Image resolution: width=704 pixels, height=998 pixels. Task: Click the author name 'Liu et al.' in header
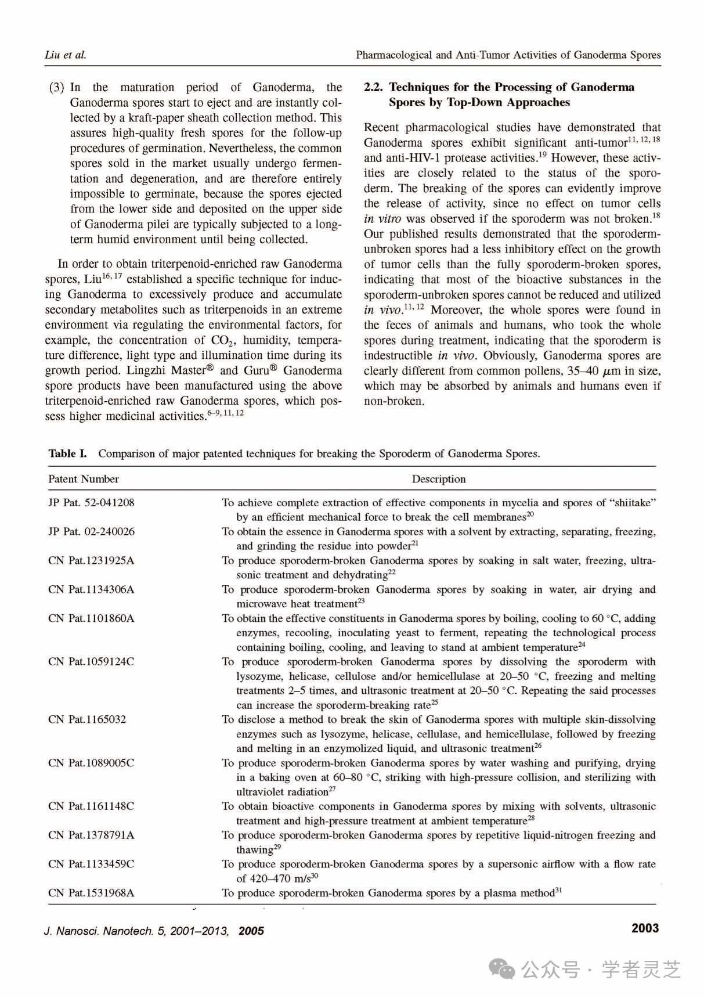[65, 55]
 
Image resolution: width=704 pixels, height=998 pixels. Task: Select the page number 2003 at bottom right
[645, 928]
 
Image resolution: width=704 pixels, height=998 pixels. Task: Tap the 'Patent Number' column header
[84, 479]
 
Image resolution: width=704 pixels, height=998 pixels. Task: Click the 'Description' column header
[439, 479]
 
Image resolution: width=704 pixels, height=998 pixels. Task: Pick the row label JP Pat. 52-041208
[91, 503]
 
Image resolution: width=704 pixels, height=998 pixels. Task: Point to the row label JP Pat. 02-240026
[91, 532]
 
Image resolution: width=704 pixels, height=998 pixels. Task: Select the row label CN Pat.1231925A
[91, 561]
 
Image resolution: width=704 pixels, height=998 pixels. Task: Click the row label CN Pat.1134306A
[91, 590]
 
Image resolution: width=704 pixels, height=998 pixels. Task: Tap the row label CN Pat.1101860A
[91, 618]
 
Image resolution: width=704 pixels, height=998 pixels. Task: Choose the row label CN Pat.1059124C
[91, 662]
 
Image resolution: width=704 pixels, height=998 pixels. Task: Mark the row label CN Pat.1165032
[87, 719]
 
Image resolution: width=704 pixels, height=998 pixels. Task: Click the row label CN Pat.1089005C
[91, 763]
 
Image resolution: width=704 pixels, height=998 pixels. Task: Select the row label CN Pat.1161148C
[91, 806]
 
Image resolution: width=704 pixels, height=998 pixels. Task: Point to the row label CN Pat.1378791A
[91, 835]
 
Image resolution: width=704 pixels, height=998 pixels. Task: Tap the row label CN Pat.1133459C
[91, 864]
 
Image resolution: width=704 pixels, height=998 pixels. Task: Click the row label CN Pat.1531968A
[91, 893]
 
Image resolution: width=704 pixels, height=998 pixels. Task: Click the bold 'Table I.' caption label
[67, 453]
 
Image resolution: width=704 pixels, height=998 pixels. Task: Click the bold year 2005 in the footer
[251, 931]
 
